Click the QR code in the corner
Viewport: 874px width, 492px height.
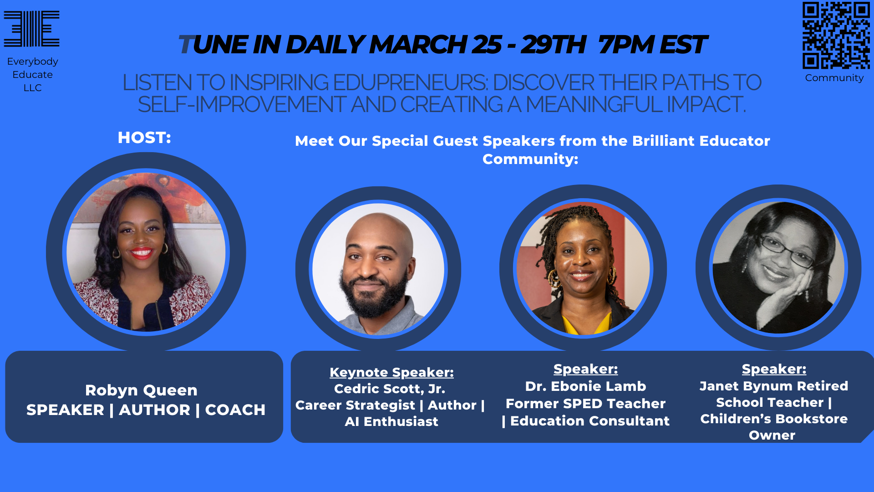(x=836, y=35)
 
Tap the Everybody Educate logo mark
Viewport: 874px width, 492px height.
(x=32, y=29)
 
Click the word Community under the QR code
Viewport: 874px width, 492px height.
(x=834, y=78)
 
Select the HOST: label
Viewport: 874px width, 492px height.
(x=144, y=138)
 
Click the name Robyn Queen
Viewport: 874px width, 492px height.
(x=141, y=390)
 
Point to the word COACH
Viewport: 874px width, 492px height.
(x=235, y=410)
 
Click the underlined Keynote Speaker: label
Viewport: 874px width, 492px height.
(x=391, y=372)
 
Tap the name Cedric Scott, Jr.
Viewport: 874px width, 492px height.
(x=390, y=389)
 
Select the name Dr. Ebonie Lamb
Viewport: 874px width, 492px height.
(x=585, y=386)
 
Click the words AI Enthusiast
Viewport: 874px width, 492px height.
(x=391, y=421)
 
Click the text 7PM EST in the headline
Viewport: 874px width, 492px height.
(x=651, y=45)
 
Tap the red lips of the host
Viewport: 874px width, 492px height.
(x=142, y=252)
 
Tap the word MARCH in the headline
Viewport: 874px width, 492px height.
(x=418, y=45)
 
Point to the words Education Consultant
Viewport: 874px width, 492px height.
(x=590, y=421)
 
